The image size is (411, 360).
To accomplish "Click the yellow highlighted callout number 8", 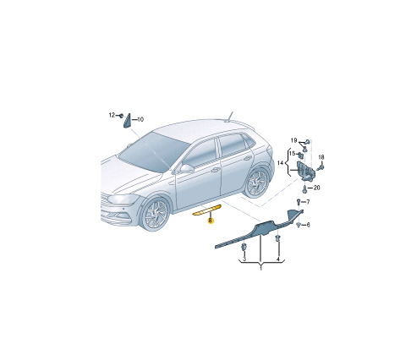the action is (x=211, y=221).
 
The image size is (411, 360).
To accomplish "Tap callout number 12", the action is (x=112, y=115).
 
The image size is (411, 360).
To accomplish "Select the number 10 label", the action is (x=140, y=119).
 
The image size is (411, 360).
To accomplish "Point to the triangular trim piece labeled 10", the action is (x=127, y=121).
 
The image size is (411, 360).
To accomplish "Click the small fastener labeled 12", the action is (x=121, y=116).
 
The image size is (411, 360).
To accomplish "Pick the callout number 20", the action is (x=316, y=188).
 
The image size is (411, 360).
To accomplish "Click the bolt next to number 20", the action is (x=304, y=189).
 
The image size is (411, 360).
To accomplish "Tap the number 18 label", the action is (x=321, y=157).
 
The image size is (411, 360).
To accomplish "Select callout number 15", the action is (x=292, y=154).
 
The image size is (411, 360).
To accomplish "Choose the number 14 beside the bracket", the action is (x=280, y=163).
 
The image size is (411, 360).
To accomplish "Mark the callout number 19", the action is (x=293, y=140).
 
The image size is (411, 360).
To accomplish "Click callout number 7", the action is (x=308, y=202).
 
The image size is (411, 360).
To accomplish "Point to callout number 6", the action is (x=308, y=225).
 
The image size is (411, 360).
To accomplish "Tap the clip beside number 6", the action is (x=299, y=225).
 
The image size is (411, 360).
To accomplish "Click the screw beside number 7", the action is (x=299, y=202).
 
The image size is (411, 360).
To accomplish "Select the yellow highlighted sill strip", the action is (x=206, y=210).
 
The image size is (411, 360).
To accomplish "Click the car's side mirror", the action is (x=186, y=168).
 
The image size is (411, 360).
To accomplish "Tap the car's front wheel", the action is (x=156, y=215).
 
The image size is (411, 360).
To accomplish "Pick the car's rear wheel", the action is (x=257, y=183).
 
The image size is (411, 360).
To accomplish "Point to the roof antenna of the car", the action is (x=229, y=117).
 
